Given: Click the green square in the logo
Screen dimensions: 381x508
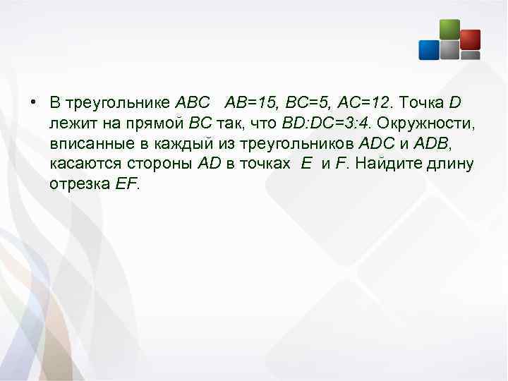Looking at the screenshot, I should click(x=449, y=29).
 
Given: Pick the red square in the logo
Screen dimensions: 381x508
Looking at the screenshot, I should click(x=470, y=39).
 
